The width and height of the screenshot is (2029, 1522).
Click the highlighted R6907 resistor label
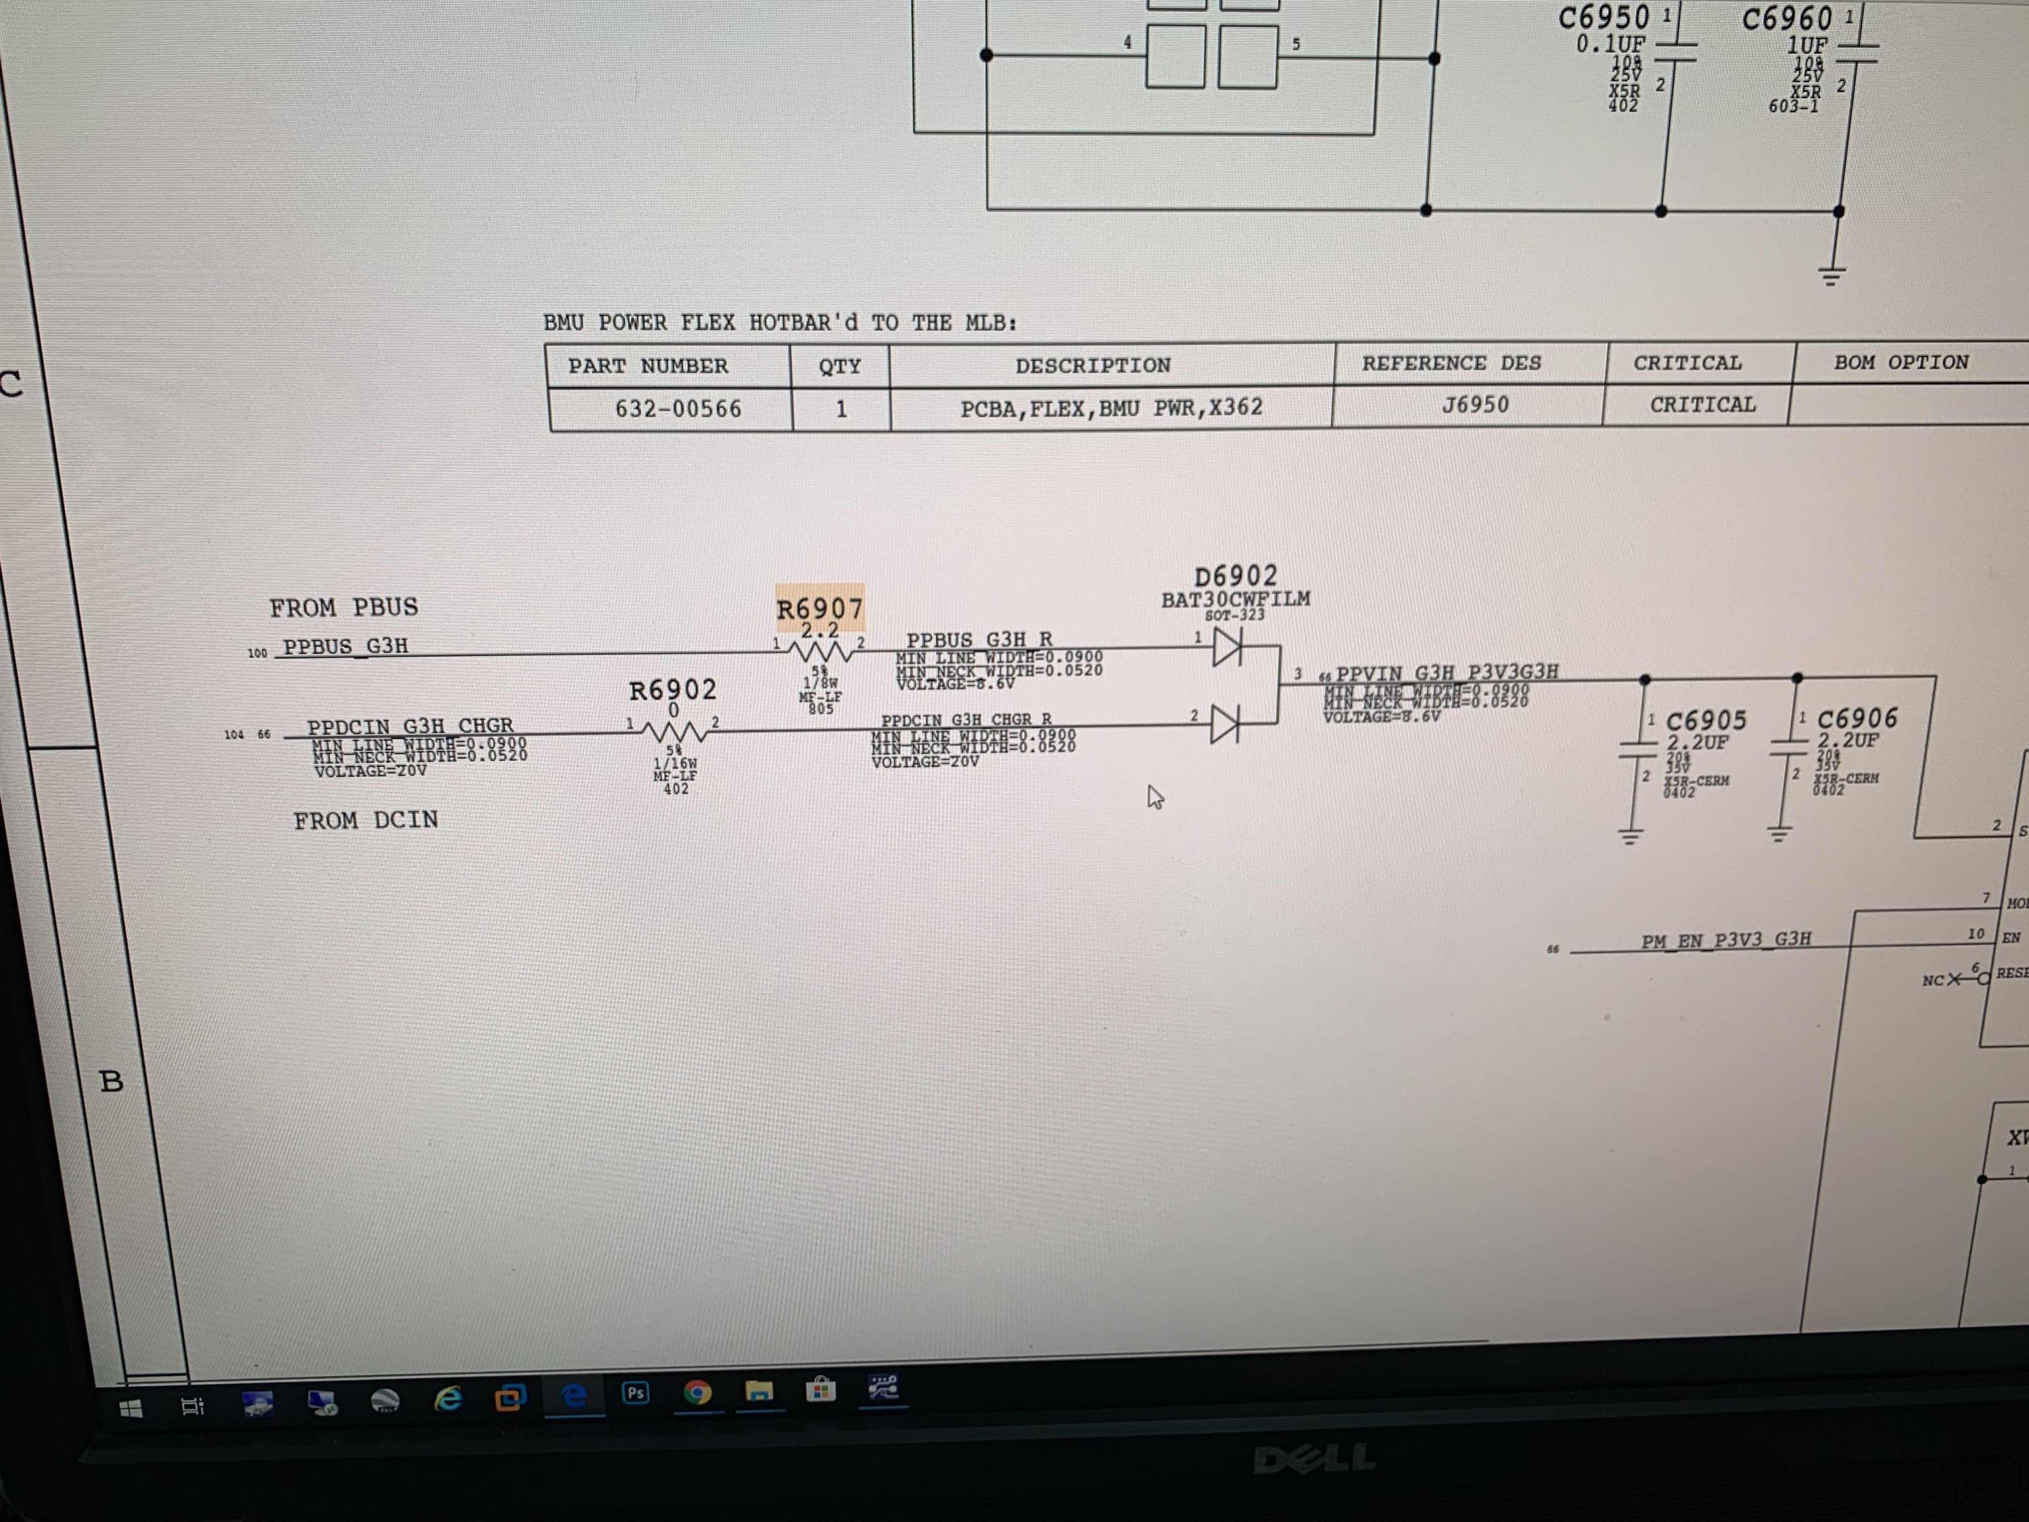(x=819, y=608)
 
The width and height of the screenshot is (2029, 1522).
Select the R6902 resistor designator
(x=672, y=690)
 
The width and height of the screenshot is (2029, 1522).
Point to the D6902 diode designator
(x=1236, y=576)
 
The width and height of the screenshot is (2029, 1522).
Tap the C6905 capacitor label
(x=1705, y=721)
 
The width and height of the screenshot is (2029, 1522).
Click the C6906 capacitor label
(x=1857, y=718)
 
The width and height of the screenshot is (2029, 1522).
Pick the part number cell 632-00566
(x=678, y=409)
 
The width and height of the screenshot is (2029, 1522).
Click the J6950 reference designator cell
(x=1475, y=405)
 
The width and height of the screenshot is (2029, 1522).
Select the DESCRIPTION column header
(x=1092, y=365)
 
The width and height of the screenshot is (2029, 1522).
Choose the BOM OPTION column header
(x=1900, y=363)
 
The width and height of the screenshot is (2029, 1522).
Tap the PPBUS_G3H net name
(x=345, y=647)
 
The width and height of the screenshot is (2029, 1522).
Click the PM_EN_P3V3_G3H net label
(x=1725, y=940)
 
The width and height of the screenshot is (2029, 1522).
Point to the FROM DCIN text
(x=365, y=820)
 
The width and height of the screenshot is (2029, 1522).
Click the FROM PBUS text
(x=343, y=607)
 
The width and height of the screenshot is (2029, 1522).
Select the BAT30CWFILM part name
(x=1236, y=600)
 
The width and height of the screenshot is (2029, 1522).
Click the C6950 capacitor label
(x=1604, y=18)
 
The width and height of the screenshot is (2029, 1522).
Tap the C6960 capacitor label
(x=1786, y=18)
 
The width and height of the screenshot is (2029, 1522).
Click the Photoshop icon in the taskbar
(x=635, y=1393)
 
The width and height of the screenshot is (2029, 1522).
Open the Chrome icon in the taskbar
(x=697, y=1393)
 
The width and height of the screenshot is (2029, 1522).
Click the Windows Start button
(x=131, y=1408)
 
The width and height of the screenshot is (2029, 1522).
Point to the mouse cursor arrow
(x=1154, y=796)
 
